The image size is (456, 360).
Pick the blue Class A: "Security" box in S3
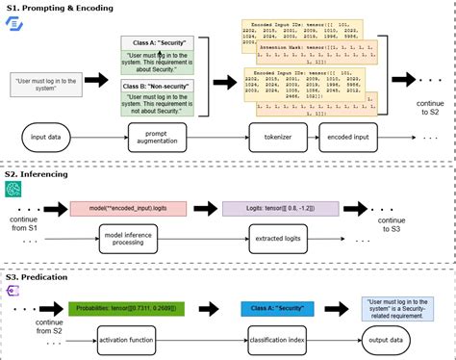(x=275, y=307)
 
